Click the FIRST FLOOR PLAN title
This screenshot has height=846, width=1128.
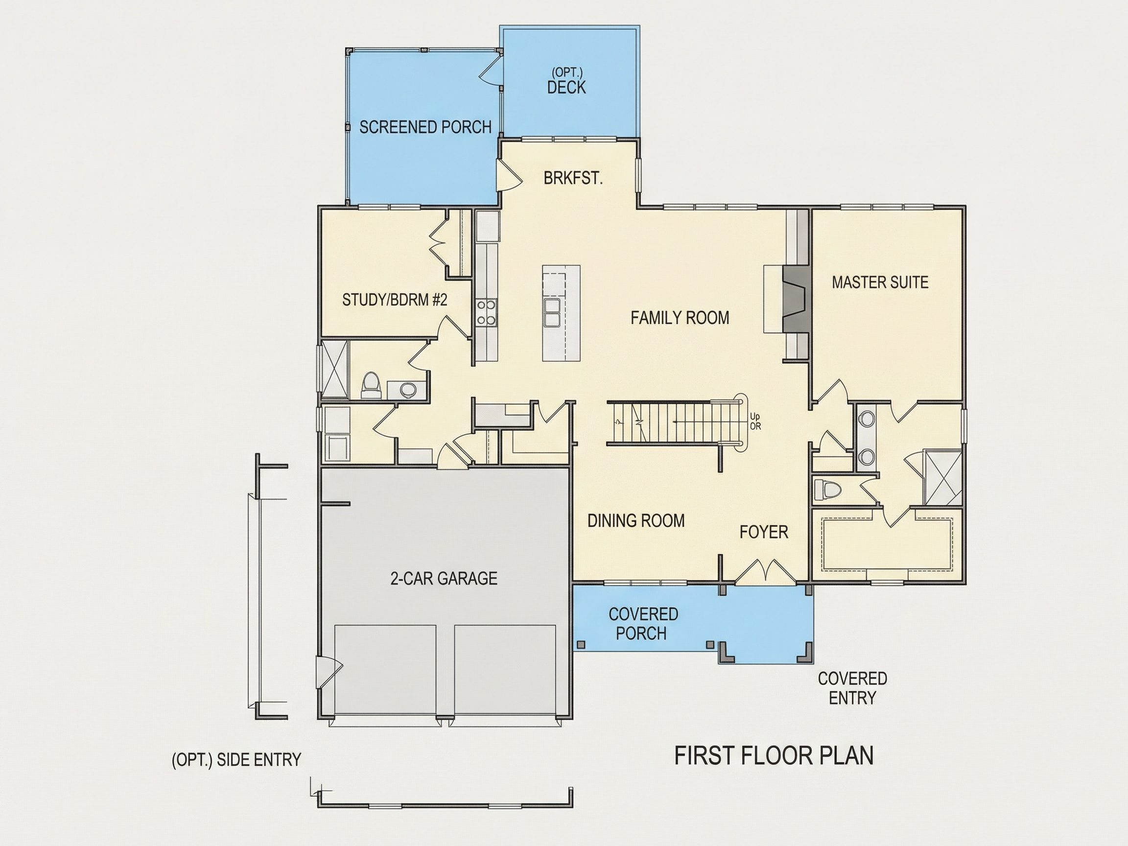click(x=774, y=756)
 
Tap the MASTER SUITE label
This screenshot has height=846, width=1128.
click(x=880, y=282)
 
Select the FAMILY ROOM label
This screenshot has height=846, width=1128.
click(x=680, y=318)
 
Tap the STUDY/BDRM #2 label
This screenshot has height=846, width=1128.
click(x=394, y=300)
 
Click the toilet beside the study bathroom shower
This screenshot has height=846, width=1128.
click(x=371, y=385)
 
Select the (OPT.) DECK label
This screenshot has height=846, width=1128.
click(x=566, y=82)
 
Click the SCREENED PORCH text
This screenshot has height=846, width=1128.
click(x=425, y=127)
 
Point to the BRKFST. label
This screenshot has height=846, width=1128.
click(x=573, y=178)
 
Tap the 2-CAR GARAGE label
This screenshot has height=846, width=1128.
click(x=444, y=578)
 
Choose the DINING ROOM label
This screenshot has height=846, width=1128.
click(x=636, y=520)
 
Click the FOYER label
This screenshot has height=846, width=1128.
click(x=764, y=532)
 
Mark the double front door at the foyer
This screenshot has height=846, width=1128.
click(x=765, y=571)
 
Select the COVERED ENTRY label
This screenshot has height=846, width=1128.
click(x=852, y=688)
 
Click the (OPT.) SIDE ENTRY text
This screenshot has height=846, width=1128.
click(x=236, y=760)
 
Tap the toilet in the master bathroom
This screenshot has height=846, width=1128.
click(x=827, y=490)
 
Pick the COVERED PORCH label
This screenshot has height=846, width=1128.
click(x=643, y=624)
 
